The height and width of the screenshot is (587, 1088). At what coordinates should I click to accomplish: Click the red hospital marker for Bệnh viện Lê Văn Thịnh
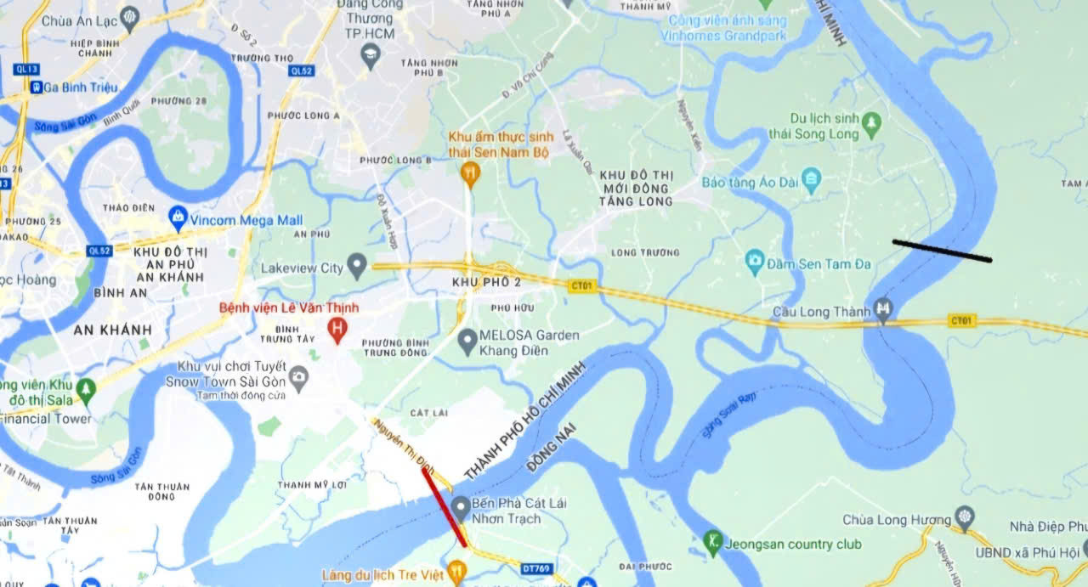click(x=337, y=328)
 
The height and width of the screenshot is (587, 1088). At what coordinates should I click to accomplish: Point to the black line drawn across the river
click(x=942, y=251)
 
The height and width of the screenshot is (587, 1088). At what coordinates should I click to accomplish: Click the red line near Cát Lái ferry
click(x=444, y=506)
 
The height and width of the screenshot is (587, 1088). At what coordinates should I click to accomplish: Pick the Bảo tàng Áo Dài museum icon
click(x=812, y=179)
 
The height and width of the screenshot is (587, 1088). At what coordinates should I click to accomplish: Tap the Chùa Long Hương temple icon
click(x=964, y=516)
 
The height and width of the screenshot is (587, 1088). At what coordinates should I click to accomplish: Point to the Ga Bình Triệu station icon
click(x=36, y=87)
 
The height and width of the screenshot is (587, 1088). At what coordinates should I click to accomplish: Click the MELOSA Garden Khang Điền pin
click(x=467, y=341)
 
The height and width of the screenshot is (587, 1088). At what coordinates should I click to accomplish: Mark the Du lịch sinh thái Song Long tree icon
click(x=870, y=123)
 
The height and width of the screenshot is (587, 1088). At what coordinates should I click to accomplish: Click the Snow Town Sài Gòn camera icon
click(x=298, y=375)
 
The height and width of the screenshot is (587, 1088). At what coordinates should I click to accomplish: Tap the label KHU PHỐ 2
click(x=486, y=281)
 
